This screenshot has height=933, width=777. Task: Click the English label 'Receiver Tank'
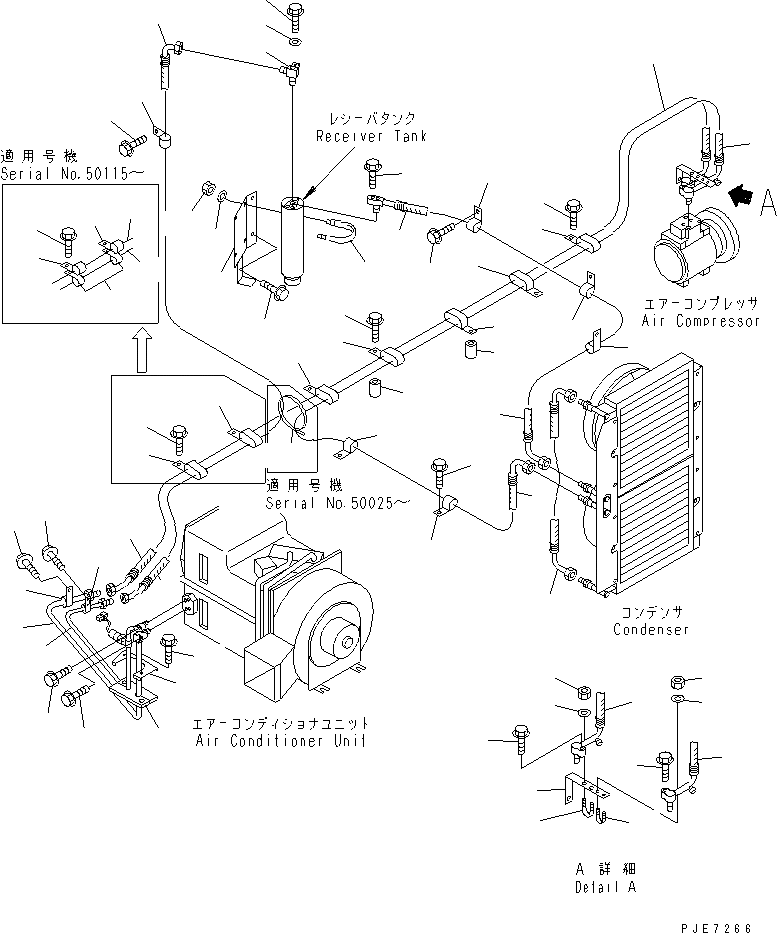tap(371, 136)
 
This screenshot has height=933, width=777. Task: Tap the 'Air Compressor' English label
tap(700, 321)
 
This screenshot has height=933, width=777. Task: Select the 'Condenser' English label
tap(651, 630)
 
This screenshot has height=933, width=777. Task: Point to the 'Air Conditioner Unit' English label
tap(280, 741)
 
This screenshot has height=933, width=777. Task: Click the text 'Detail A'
tap(606, 887)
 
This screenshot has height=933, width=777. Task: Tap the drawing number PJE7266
tap(716, 927)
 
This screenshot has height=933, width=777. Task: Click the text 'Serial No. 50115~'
tap(71, 174)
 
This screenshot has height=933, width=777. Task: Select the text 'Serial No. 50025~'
tap(337, 503)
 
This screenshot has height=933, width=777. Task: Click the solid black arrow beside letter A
tap(740, 196)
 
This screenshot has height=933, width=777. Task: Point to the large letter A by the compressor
tap(767, 202)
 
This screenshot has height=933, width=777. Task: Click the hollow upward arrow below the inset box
tap(142, 352)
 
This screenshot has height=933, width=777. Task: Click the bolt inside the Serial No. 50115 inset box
tap(67, 240)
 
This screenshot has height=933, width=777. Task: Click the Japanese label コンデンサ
tap(651, 613)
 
